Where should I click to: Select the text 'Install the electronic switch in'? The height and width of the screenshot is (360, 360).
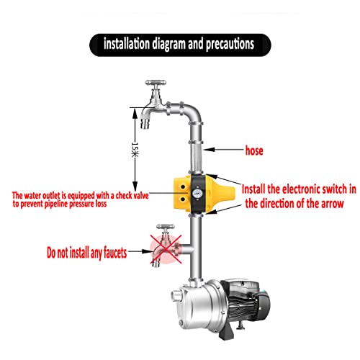pyautogui.click(x=297, y=189)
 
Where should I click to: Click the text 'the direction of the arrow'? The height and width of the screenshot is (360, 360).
pyautogui.click(x=297, y=204)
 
